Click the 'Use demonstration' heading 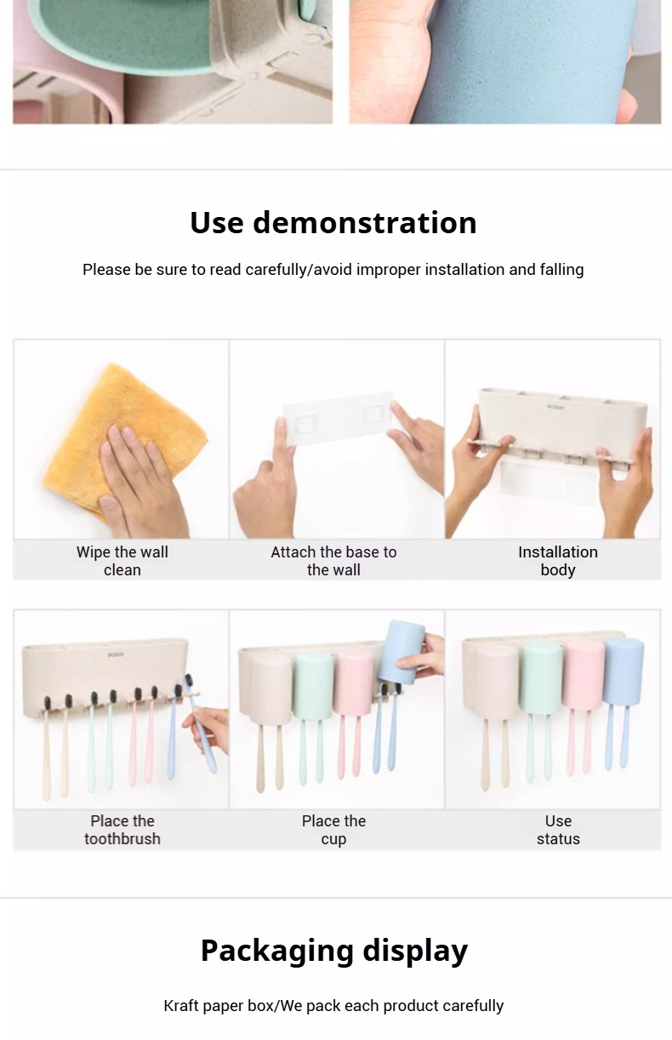pos(333,223)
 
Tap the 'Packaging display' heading pos(334,951)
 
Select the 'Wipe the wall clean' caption pos(122,561)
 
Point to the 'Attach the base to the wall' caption pos(333,561)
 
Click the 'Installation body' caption pos(558,561)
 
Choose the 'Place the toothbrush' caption pos(122,830)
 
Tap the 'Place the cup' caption pos(333,830)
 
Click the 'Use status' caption pos(558,830)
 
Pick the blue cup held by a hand pos(401,652)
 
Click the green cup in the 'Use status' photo pos(541,679)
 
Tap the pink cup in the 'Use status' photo pos(584,674)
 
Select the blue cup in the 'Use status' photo pos(624,671)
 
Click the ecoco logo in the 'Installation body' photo pos(555,407)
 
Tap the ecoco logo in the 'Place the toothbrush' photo pos(116,654)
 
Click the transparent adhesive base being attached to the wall pos(338,419)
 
